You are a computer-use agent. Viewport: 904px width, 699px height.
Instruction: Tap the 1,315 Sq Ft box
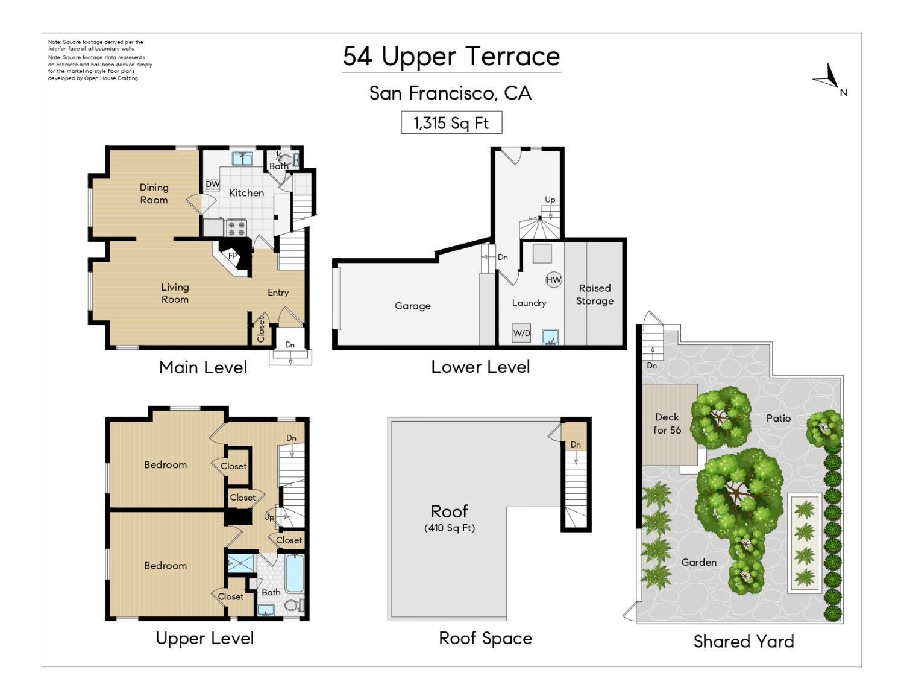pos(451,123)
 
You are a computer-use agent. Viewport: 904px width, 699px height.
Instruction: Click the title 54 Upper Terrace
pos(451,57)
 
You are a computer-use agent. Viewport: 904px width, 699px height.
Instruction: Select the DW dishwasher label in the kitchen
pos(212,184)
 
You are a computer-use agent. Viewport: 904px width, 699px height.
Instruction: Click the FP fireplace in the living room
pos(233,255)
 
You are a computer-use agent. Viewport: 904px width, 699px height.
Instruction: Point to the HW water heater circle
pos(553,280)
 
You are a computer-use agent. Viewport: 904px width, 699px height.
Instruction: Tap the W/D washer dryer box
pos(521,333)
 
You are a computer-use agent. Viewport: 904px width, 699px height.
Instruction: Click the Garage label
pos(412,306)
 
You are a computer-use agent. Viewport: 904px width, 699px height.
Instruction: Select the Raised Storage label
pos(595,294)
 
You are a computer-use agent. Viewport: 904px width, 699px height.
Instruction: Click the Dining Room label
pos(154,194)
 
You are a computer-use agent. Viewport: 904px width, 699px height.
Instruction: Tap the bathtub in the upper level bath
pos(295,574)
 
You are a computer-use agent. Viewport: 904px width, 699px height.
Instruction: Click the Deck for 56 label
pos(667,423)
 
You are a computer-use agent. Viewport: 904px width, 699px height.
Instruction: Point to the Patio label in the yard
pos(778,418)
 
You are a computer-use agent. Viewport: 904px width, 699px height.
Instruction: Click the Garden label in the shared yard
pos(698,562)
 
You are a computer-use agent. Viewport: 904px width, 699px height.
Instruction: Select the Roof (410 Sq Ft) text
pos(449,518)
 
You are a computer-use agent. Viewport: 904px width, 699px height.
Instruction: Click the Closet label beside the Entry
pos(261,329)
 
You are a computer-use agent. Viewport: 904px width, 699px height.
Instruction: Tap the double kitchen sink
pos(243,159)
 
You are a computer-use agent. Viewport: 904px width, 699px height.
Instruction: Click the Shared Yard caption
pos(743,641)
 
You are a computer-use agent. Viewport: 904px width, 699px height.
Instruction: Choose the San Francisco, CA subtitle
pos(450,93)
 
